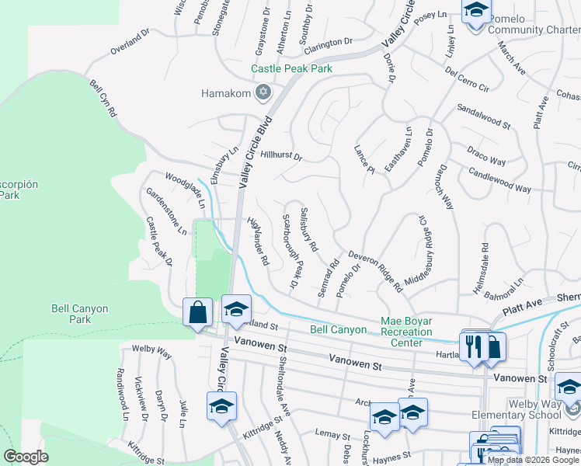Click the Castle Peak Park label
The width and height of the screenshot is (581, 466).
[x=291, y=69]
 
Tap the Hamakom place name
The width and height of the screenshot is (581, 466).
[x=227, y=93]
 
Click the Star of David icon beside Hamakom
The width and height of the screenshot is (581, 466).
[x=263, y=93]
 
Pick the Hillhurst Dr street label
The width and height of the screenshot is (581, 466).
[x=280, y=155]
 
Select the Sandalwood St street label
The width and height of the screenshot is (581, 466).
[x=483, y=115]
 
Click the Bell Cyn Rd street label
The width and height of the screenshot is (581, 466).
[x=103, y=99]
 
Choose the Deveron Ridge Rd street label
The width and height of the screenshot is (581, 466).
[x=375, y=270]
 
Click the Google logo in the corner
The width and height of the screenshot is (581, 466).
[x=26, y=457]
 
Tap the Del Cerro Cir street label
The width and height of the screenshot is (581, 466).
[x=466, y=80]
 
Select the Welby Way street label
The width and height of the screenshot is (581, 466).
[x=151, y=351]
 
